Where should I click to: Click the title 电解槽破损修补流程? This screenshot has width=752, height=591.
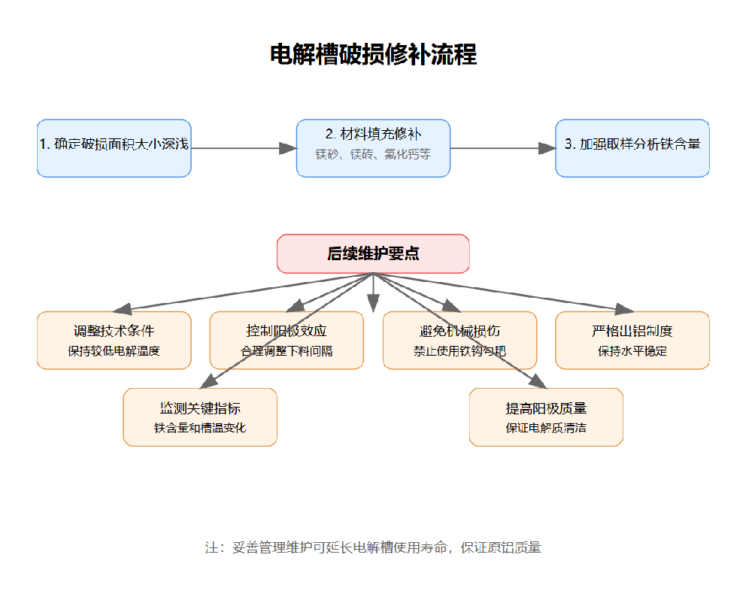pos(373,55)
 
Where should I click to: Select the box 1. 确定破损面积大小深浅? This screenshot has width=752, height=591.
pos(114,147)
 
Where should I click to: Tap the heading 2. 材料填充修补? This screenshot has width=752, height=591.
pos(373,134)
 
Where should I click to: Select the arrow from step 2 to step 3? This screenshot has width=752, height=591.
pos(502,148)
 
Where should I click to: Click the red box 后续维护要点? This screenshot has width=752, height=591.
pos(373,253)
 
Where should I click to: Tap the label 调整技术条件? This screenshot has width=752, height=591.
pos(114,331)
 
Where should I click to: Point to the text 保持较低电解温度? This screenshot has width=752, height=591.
pos(114,350)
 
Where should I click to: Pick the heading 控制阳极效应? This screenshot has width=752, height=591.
pos(287,331)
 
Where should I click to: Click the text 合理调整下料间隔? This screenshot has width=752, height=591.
pos(287,350)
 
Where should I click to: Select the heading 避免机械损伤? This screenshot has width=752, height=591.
pos(459,331)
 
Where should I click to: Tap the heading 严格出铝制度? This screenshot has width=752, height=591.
pos(632,331)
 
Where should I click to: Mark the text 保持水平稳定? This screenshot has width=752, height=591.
pos(632,350)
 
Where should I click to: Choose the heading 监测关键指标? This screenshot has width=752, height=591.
pos(200,408)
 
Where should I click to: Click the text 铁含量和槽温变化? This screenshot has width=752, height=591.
pos(200,428)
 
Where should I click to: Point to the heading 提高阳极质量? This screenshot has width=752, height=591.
pos(546,408)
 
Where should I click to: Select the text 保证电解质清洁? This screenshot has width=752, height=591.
pos(546,428)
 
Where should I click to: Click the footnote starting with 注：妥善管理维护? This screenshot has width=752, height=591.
pos(373,547)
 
